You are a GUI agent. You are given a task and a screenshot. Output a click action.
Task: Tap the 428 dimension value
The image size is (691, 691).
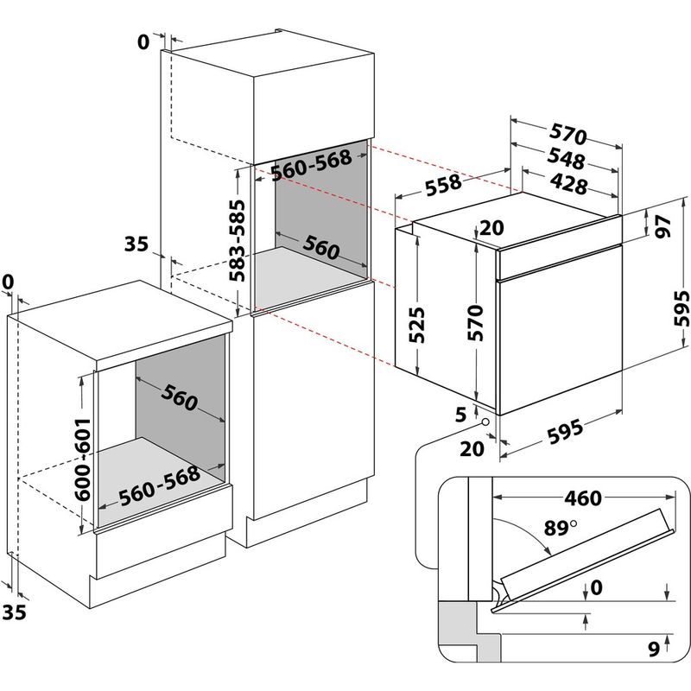tap(566, 184)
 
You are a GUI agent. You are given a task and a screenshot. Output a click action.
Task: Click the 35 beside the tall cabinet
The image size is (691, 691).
tap(136, 244)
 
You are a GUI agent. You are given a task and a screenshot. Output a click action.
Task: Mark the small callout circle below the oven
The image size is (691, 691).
tap(486, 423)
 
